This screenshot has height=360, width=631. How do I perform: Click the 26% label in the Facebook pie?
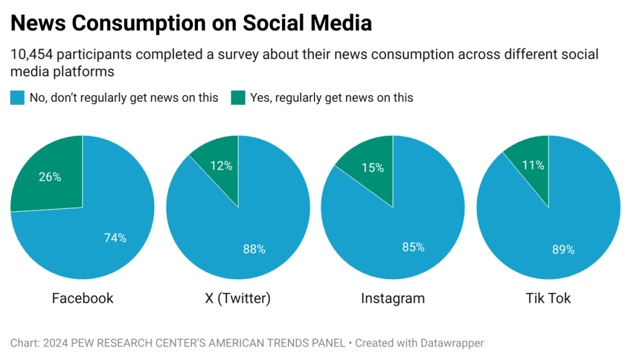pos(50,177)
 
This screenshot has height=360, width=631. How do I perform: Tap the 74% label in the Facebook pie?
pos(115,238)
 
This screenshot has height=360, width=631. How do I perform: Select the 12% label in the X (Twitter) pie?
pos(221,165)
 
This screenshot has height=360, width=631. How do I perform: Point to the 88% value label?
pos(254,249)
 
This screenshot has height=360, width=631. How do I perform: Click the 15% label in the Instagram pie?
pos(373,168)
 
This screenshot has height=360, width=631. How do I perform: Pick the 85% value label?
pos(413,247)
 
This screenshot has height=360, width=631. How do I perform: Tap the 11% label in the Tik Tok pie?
pos(533,165)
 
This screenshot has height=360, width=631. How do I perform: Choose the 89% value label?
pos(563,250)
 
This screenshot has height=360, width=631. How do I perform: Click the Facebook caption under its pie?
pos(83,298)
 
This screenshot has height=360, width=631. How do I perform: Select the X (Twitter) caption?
pos(237,298)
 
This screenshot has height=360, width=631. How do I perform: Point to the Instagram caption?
pos(393,298)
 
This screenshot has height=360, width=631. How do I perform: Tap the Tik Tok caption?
pos(548,298)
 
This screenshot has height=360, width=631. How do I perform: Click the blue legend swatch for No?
pos(17,97)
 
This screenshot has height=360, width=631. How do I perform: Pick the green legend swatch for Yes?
pos(238,97)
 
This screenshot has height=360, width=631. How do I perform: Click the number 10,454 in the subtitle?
pos(31,54)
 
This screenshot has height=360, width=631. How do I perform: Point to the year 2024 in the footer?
pos(52,343)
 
